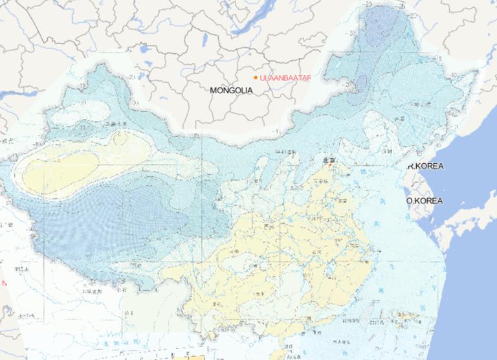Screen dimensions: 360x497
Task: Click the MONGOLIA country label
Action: coord(231,91)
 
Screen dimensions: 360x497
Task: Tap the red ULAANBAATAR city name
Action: coord(285,78)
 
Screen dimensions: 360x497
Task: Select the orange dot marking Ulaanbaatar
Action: coord(256,78)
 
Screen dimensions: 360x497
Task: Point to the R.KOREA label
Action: coord(426,166)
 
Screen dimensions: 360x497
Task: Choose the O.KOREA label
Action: coord(425,201)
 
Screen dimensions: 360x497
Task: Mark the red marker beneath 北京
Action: coord(329,166)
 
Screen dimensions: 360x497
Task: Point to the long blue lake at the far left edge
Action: coord(16,94)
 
